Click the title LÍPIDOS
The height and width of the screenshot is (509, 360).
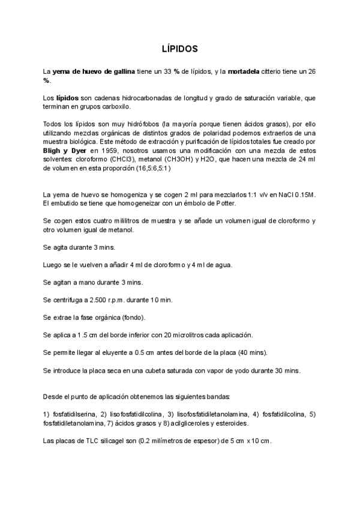click(180, 47)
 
